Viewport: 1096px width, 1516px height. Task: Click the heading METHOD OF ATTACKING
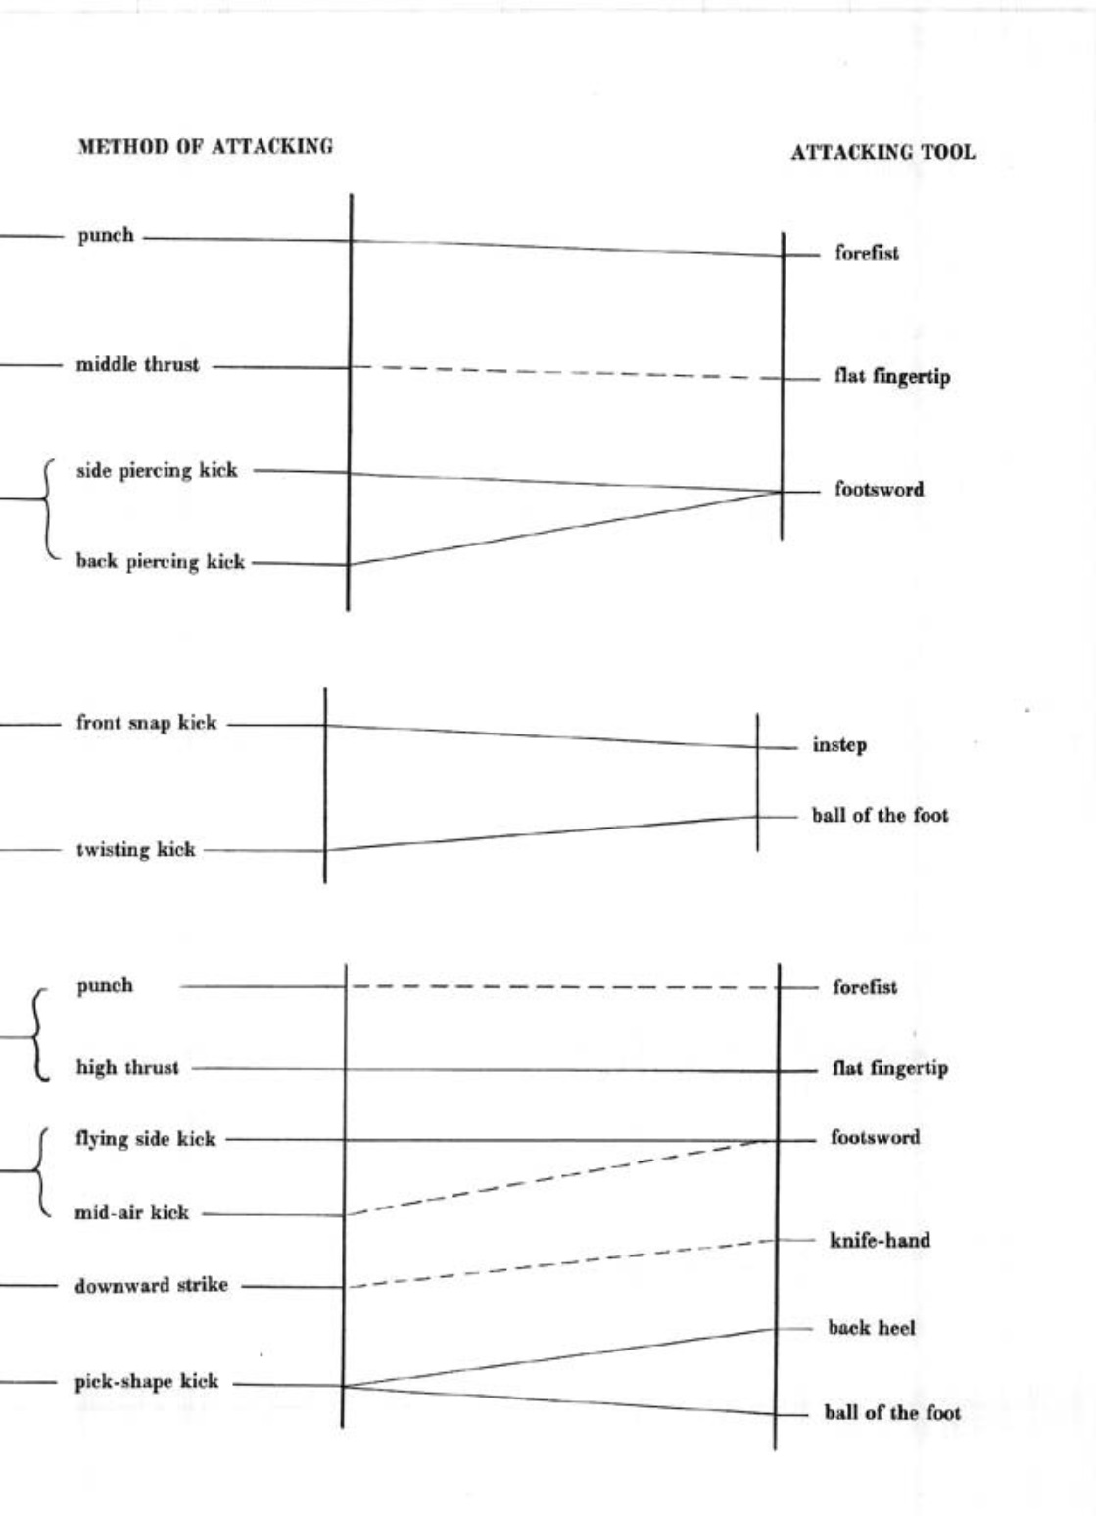pos(205,147)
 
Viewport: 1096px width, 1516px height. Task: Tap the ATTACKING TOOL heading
pos(882,152)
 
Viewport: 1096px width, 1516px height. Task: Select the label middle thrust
pos(137,365)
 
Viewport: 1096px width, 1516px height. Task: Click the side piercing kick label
pos(157,470)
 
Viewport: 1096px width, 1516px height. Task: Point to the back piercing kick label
pos(160,562)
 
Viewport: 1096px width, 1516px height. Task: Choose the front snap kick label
pos(146,723)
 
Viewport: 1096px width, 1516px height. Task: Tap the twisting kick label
pos(135,849)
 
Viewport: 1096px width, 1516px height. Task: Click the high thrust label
pos(127,1067)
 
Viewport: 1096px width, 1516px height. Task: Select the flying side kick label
pos(145,1138)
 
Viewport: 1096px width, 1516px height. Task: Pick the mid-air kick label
pos(131,1212)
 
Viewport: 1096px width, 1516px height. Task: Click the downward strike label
pos(151,1285)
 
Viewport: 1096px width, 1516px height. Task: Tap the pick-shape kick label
pos(146,1382)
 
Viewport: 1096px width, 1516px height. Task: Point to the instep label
pos(839,745)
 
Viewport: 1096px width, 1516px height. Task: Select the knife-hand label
pos(880,1241)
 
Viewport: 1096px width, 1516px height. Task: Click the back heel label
pos(871,1328)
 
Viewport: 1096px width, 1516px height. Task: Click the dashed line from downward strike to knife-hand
pos(563,1263)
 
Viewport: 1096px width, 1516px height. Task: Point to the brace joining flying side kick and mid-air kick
pos(40,1172)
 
